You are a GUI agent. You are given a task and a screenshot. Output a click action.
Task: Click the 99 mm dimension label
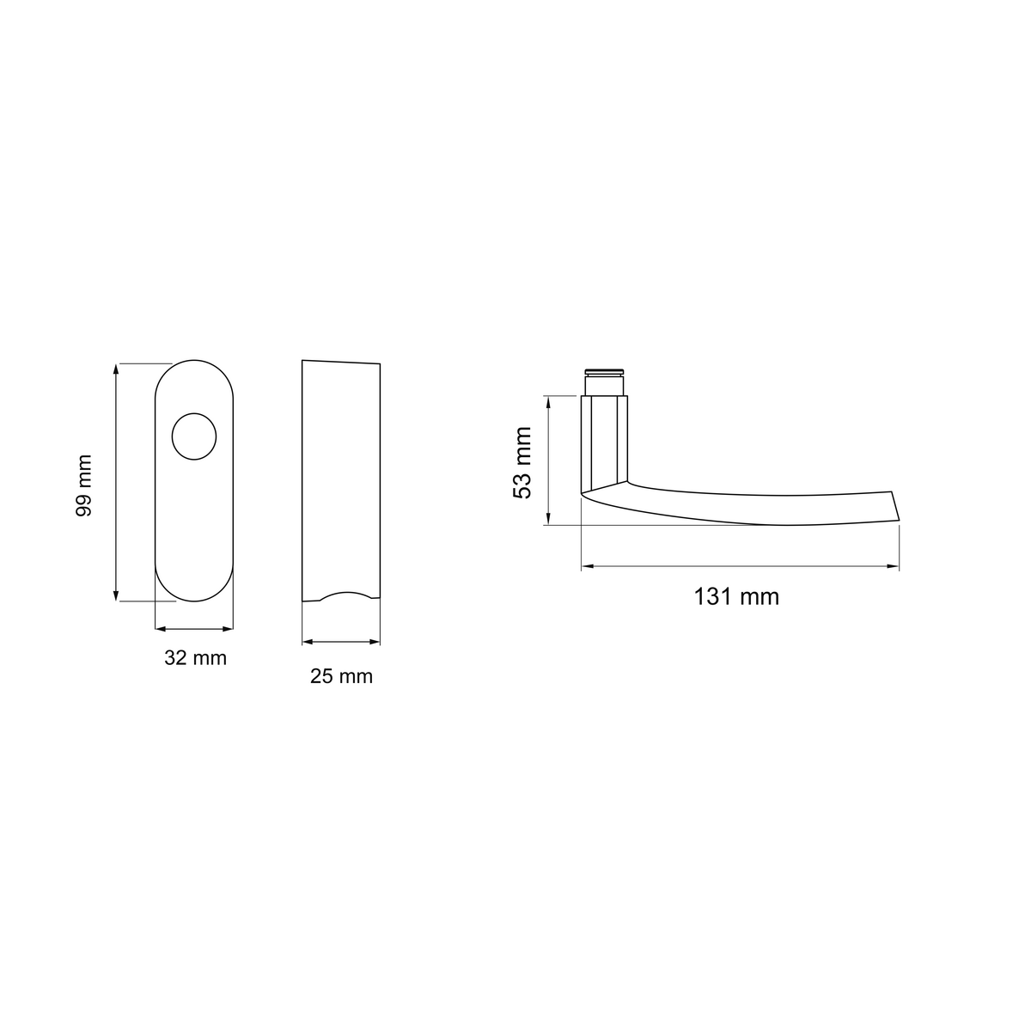click(x=84, y=485)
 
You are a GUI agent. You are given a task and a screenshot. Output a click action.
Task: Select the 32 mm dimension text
click(x=195, y=658)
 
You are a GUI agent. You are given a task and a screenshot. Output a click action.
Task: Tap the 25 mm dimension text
click(x=341, y=676)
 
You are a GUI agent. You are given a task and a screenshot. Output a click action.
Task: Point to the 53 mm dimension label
click(x=522, y=463)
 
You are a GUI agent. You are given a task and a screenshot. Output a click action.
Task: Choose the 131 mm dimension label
click(x=736, y=596)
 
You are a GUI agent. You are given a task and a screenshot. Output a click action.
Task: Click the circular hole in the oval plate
click(x=194, y=436)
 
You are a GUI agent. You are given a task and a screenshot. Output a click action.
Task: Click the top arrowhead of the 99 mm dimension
click(x=116, y=369)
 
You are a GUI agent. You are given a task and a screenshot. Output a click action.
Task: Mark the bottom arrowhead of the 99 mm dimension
click(x=116, y=595)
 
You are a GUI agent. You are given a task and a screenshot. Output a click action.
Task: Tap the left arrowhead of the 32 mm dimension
click(x=161, y=629)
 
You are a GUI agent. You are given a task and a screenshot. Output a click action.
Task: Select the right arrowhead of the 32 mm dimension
click(x=228, y=629)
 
